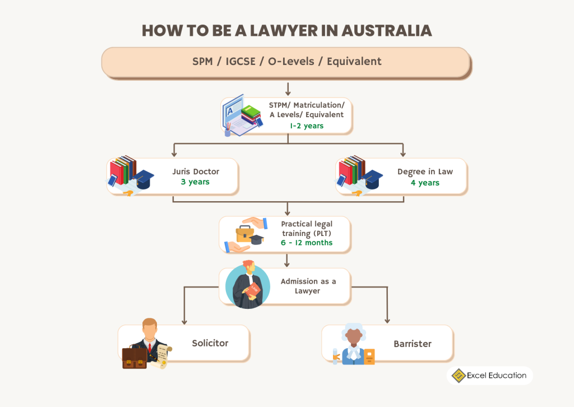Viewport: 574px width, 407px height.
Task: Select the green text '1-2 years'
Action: click(306, 126)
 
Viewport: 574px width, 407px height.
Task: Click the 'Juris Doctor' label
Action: click(195, 172)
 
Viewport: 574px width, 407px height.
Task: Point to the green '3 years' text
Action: click(195, 182)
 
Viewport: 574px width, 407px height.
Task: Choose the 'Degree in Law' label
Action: click(424, 172)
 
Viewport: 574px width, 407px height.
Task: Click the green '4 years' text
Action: click(424, 183)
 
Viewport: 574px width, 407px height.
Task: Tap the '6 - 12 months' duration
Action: click(307, 243)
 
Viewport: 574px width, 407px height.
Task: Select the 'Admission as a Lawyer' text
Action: click(308, 286)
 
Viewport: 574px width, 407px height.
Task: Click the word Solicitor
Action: click(210, 343)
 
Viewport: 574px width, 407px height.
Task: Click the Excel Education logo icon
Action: click(458, 376)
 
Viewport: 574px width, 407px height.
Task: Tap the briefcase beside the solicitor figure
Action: click(134, 358)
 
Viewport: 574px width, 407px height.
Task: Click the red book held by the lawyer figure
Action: click(255, 289)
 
